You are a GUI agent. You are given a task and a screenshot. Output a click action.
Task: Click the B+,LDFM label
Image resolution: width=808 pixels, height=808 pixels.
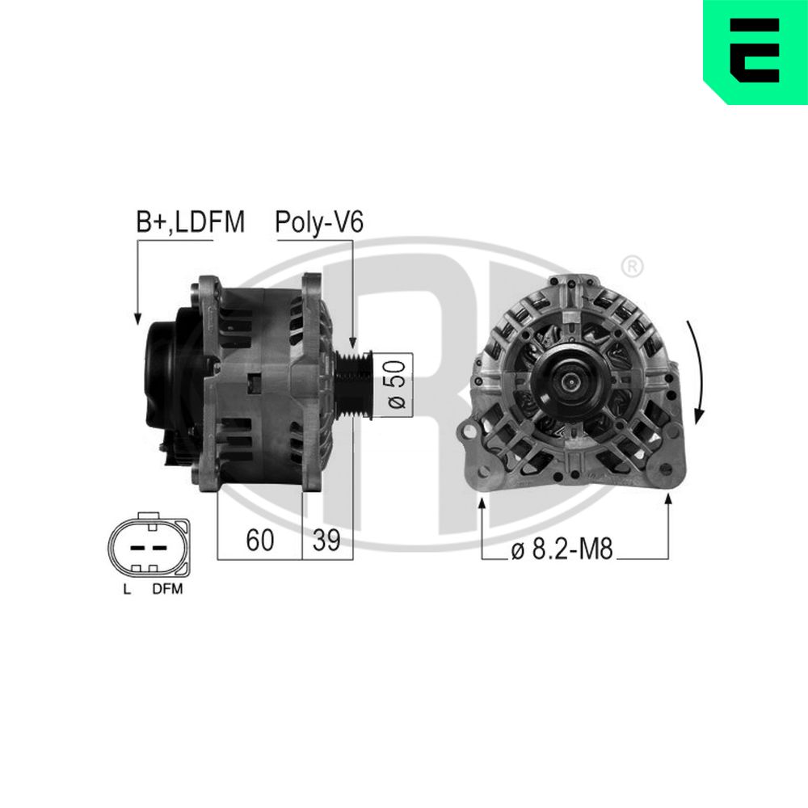click(190, 222)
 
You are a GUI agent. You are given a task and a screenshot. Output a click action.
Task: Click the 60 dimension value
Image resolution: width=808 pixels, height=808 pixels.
click(259, 540)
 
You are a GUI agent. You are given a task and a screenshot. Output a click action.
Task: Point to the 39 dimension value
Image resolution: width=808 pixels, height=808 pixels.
click(327, 540)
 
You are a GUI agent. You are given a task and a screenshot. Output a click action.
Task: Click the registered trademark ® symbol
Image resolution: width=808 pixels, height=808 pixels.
click(633, 265)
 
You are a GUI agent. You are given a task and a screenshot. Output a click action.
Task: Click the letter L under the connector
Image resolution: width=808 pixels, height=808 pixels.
click(126, 589)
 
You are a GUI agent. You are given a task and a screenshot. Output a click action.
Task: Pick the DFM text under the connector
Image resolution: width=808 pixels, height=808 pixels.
click(167, 589)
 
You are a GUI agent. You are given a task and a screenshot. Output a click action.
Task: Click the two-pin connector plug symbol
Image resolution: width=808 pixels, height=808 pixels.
click(148, 547)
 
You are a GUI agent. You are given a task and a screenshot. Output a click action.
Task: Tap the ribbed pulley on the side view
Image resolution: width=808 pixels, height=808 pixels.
click(353, 385)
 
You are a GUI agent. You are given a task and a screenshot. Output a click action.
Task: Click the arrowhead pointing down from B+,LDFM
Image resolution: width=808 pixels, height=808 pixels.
click(137, 318)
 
